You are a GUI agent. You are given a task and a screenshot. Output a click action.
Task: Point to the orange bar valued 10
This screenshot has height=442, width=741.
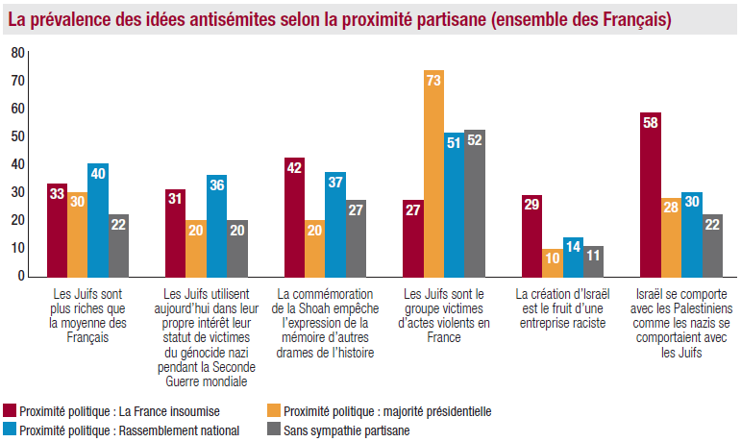point(552,262)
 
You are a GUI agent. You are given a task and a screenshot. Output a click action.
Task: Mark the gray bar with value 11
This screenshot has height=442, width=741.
point(593,260)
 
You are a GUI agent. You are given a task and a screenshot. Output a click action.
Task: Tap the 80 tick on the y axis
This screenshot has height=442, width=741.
point(17,53)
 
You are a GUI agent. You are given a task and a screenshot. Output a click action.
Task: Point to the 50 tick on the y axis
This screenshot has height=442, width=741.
point(17,136)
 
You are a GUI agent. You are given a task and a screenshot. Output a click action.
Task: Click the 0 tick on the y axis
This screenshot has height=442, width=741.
point(20,276)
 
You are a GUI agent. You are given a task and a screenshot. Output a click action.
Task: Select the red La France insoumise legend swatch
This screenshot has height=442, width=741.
point(11,411)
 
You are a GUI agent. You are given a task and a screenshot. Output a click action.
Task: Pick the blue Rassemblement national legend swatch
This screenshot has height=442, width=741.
point(11,430)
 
